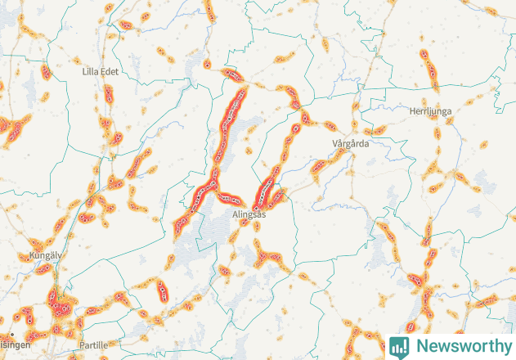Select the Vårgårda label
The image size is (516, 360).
(352, 143)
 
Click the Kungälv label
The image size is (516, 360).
(46, 255)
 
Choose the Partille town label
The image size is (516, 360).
(94, 345)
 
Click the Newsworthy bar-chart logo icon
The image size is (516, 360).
(399, 346)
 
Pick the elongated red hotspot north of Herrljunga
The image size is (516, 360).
(428, 65)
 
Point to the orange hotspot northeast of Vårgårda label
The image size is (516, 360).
(377, 130)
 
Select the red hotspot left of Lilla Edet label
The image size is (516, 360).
(46, 72)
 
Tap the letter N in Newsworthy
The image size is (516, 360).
(420, 346)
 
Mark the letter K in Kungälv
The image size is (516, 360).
(32, 255)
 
